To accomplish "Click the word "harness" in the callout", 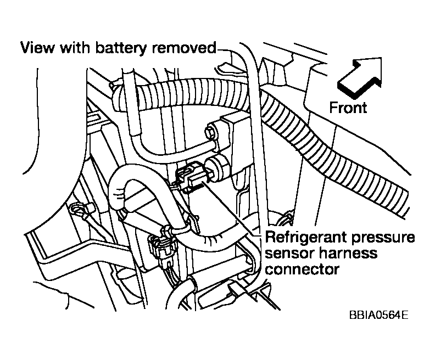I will pyautogui.click(x=348, y=254).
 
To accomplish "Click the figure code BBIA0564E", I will pyautogui.click(x=377, y=317).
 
